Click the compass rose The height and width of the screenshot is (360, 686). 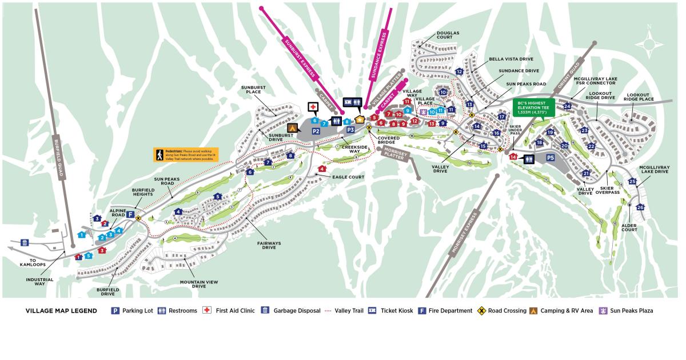tap(649, 42)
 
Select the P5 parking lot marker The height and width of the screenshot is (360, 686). tap(551, 158)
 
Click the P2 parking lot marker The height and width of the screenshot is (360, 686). tap(316, 131)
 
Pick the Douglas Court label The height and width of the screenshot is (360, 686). tap(448, 36)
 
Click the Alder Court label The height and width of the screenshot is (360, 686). tap(629, 226)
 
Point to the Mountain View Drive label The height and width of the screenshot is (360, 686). tap(199, 284)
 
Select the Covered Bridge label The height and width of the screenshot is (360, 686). tap(388, 140)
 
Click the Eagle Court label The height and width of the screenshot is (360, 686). tap(349, 177)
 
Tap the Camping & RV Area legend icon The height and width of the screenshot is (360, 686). tap(532, 311)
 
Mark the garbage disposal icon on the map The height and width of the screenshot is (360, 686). tap(25, 242)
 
